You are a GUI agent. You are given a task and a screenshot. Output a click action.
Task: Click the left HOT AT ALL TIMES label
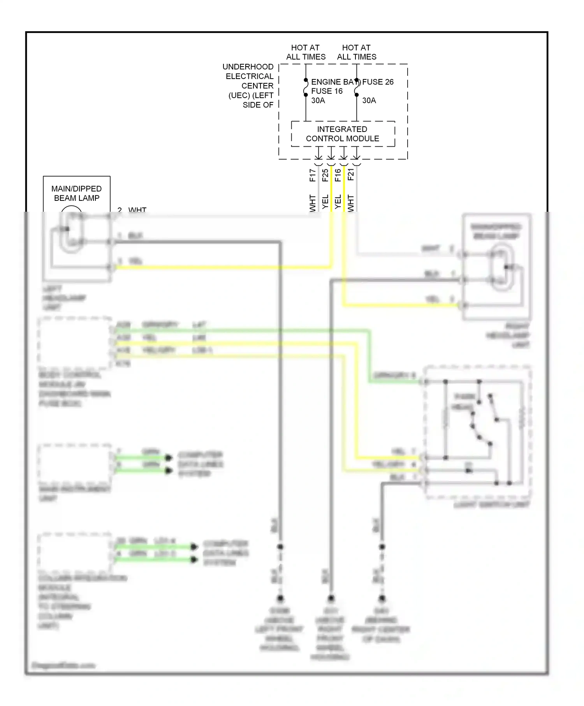click(x=306, y=52)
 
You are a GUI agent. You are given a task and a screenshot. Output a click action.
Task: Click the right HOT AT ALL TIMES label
click(x=357, y=52)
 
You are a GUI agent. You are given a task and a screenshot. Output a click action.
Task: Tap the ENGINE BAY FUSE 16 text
click(x=327, y=86)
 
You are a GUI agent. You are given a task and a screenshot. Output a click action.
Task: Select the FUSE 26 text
click(x=378, y=82)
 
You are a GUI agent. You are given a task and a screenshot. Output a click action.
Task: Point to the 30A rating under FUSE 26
click(x=369, y=100)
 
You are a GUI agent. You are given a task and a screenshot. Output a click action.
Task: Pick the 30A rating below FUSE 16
click(x=318, y=100)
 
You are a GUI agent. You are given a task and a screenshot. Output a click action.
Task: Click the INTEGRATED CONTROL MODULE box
click(x=343, y=134)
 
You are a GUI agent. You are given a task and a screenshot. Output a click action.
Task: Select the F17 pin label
click(x=313, y=175)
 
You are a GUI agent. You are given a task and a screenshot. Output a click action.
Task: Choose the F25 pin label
click(x=325, y=175)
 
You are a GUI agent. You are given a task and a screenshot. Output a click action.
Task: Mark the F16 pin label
click(x=338, y=175)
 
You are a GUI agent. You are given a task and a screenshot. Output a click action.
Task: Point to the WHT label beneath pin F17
click(x=313, y=203)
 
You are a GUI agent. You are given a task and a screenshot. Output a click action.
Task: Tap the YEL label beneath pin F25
click(x=325, y=202)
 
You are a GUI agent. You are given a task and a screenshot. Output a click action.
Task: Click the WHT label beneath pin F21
click(x=351, y=203)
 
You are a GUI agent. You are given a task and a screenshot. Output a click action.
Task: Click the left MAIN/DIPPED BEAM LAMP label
click(x=77, y=193)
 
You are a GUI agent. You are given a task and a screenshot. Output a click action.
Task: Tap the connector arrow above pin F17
click(x=318, y=155)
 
